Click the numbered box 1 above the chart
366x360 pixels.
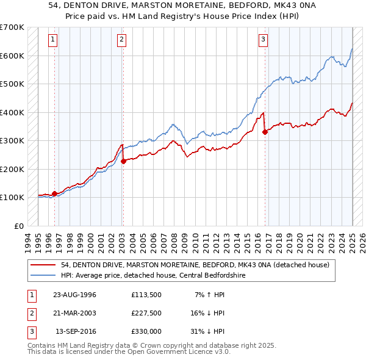54,40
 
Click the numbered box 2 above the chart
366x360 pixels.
122,40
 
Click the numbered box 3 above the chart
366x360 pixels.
264,40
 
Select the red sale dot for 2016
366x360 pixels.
265,131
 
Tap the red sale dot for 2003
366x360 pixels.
123,161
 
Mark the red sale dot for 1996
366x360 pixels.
54,193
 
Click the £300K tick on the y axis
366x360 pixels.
12,141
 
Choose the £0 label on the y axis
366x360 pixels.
18,226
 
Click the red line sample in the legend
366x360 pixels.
43,265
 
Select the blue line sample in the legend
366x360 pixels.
43,275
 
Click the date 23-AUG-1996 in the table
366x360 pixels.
74,294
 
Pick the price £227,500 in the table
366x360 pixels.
146,312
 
